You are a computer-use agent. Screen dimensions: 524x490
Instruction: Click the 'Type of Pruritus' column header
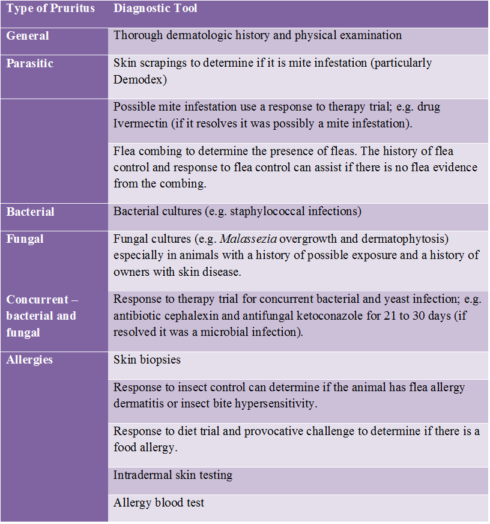pyautogui.click(x=50, y=9)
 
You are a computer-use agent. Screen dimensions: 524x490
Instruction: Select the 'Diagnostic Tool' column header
pyautogui.click(x=156, y=9)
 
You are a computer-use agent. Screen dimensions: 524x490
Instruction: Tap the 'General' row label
pyautogui.click(x=28, y=35)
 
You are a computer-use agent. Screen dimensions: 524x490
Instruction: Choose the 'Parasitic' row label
pyautogui.click(x=30, y=63)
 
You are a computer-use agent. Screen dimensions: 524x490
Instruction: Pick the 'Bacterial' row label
pyautogui.click(x=31, y=212)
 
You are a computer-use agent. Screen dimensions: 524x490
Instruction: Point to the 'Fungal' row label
pyautogui.click(x=25, y=239)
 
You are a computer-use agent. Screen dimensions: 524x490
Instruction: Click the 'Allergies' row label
pyautogui.click(x=29, y=359)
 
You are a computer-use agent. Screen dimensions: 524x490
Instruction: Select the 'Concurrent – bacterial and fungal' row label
pyautogui.click(x=41, y=315)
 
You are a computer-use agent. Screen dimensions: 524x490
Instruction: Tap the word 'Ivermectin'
pyautogui.click(x=141, y=123)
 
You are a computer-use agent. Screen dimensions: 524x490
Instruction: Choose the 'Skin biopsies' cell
pyautogui.click(x=147, y=359)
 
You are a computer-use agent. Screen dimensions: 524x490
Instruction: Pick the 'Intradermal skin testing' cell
pyautogui.click(x=173, y=475)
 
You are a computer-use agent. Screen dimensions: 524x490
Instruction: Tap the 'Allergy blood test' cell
pyautogui.click(x=159, y=502)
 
